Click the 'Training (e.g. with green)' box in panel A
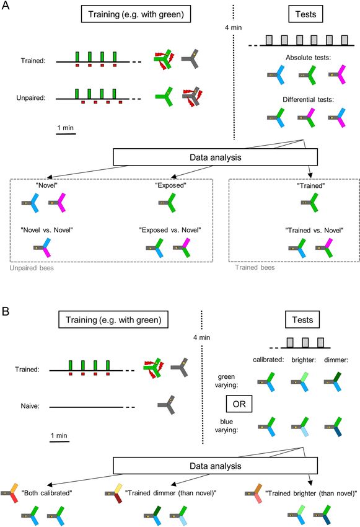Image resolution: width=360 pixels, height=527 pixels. [x=136, y=14]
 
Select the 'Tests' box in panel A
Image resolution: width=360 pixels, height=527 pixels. [x=305, y=14]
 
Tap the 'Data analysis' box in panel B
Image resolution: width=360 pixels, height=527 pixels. [x=215, y=466]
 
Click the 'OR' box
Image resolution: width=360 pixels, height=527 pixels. [x=239, y=404]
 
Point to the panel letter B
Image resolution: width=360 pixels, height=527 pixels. [x=6, y=311]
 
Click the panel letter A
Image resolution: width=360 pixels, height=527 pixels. [x=6, y=6]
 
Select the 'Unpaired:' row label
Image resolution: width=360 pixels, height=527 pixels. [x=30, y=98]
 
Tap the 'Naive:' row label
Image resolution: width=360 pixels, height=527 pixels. [x=30, y=406]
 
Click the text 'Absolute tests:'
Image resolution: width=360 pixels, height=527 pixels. [x=309, y=58]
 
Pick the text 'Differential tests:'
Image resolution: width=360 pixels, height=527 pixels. [x=309, y=99]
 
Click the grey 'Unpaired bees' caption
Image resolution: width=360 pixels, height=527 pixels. [x=32, y=268]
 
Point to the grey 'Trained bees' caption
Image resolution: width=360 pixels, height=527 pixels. [x=255, y=267]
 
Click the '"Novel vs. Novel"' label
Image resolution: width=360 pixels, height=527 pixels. [x=46, y=230]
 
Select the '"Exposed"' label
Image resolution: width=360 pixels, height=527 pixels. [x=170, y=185]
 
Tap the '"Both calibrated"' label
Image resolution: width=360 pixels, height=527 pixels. [x=46, y=493]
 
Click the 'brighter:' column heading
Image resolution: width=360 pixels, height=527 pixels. [x=304, y=360]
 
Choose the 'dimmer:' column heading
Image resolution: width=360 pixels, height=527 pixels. [x=336, y=360]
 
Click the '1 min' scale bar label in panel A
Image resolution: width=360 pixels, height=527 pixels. [x=66, y=128]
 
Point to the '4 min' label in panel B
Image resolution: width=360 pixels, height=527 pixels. [x=202, y=337]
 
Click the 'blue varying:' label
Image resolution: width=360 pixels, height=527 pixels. [x=226, y=425]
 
